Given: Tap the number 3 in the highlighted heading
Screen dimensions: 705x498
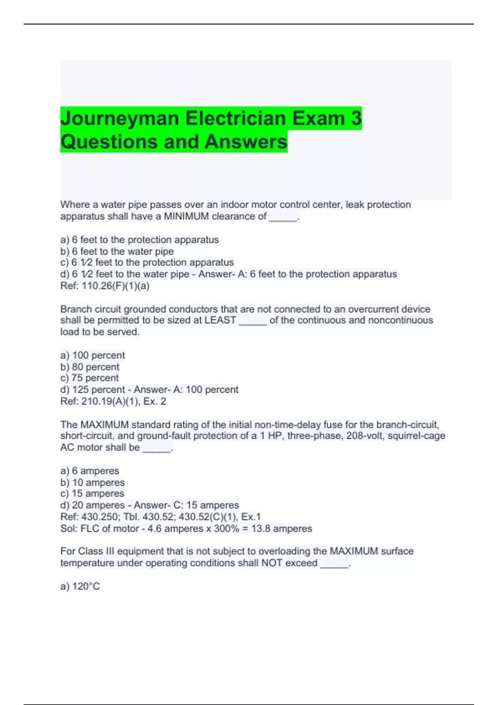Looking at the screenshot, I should (x=356, y=119).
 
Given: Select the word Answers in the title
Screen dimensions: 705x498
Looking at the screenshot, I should (x=246, y=142).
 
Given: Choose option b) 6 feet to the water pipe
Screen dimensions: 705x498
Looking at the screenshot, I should (x=117, y=251).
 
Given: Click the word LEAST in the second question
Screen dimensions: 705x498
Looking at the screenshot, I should (x=220, y=320).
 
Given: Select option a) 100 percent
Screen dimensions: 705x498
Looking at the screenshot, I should (x=93, y=355).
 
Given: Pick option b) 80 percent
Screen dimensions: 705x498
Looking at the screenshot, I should (x=90, y=367).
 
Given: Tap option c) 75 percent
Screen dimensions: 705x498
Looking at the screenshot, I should (x=90, y=378).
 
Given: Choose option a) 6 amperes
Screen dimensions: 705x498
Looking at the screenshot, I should (x=90, y=471).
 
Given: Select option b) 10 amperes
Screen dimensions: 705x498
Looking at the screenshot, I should (x=93, y=483).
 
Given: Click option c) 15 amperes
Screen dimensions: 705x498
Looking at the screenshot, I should (x=92, y=494).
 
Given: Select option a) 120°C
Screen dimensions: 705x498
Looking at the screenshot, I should (x=80, y=586).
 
